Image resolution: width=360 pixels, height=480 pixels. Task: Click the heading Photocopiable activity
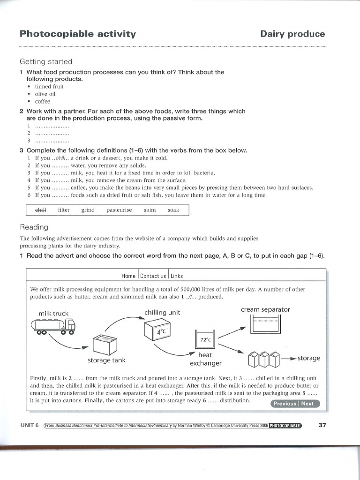78,34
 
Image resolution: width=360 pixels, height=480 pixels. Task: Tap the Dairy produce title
292,34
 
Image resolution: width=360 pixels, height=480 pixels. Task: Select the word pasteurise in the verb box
119,210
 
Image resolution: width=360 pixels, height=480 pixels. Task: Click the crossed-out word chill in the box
41,210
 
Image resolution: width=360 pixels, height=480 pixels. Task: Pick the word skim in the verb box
150,210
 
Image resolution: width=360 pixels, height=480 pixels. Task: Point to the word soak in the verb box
173,210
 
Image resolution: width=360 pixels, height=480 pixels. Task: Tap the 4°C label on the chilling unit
161,332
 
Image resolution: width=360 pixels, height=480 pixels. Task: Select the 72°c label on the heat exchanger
206,339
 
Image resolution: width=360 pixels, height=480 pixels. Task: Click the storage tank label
106,360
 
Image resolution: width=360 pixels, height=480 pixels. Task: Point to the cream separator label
265,309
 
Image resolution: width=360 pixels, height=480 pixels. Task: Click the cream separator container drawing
266,324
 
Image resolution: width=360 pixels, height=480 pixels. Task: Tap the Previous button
285,404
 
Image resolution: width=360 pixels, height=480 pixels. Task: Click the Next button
307,404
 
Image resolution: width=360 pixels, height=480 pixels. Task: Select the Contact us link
153,276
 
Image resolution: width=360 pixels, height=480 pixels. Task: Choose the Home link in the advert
128,276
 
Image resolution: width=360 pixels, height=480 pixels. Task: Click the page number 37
322,425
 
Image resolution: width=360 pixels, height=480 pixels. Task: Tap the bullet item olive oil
45,94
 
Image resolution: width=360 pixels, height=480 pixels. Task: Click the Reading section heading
34,227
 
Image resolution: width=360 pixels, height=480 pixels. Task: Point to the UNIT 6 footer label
29,425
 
